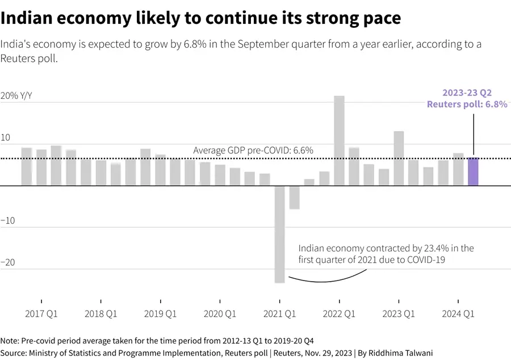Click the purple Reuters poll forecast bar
coord(473,171)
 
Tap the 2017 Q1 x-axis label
coord(41,313)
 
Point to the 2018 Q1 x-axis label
coord(101,313)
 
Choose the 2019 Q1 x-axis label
coord(161,313)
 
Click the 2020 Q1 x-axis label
coord(220,313)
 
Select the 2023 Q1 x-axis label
coord(399,313)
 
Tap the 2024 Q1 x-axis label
coord(458,313)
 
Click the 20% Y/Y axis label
coord(16,96)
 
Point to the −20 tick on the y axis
coord(8,263)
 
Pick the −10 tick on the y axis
coord(8,220)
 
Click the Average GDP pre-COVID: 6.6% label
coord(253,150)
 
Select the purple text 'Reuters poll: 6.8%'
coord(467,104)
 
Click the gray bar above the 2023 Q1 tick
coord(399,158)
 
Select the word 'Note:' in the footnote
coord(10,341)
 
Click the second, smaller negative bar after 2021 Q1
coord(294,197)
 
